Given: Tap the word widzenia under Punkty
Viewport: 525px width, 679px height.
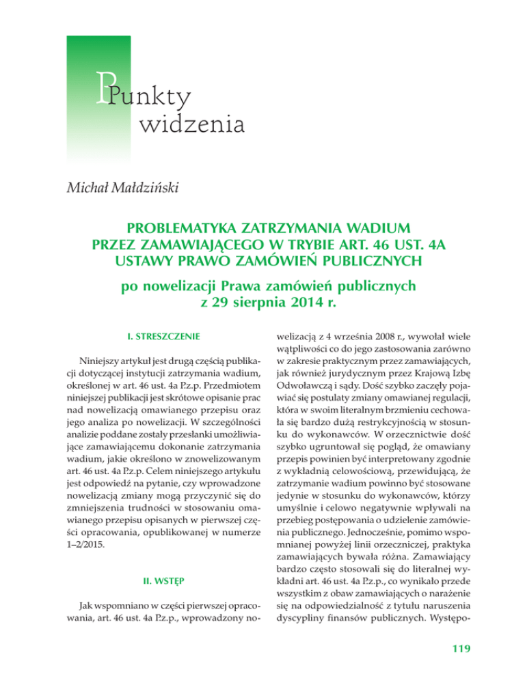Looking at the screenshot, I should pos(191,126).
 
